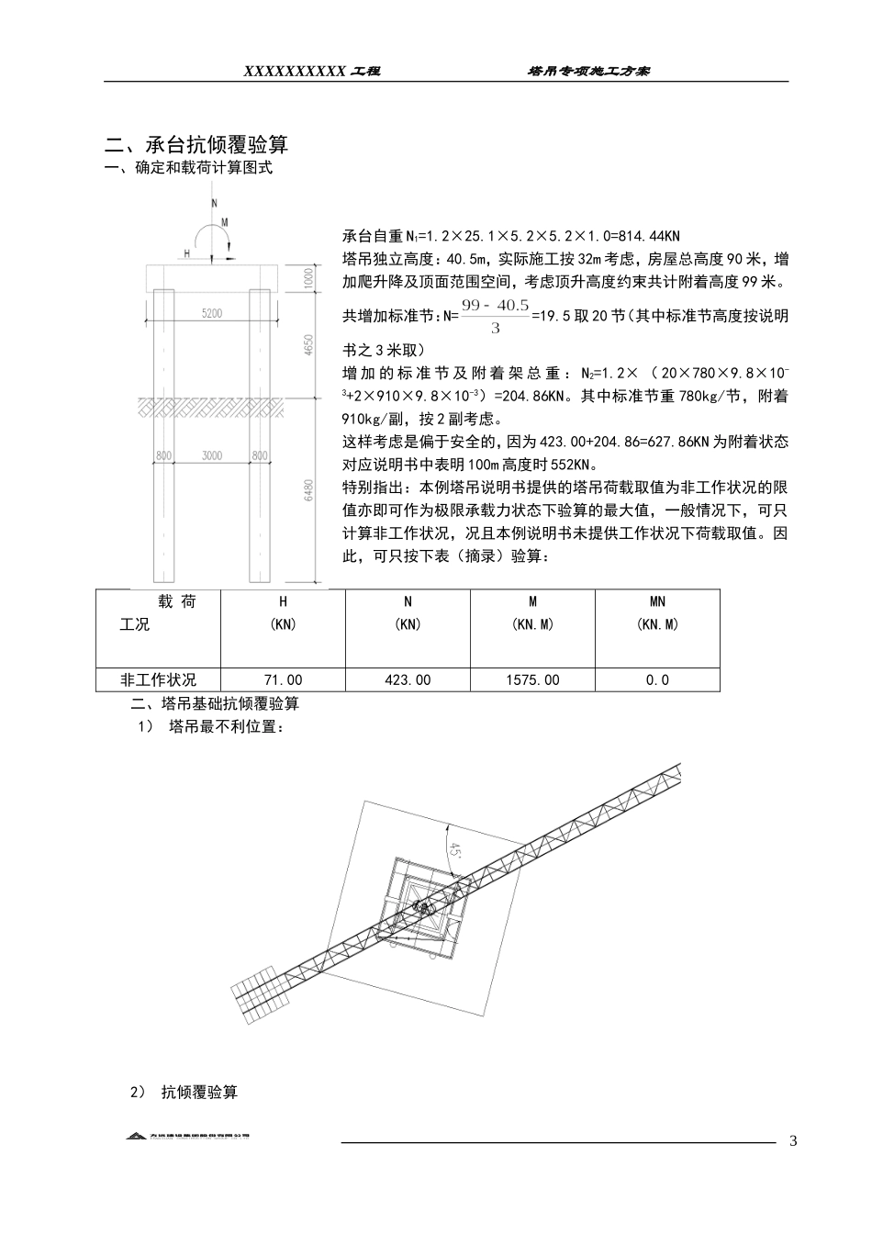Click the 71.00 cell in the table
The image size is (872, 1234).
point(283,680)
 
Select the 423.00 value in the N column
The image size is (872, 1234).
point(408,680)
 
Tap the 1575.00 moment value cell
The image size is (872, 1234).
point(532,680)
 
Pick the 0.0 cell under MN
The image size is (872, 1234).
point(657,680)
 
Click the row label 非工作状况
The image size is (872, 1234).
point(159,680)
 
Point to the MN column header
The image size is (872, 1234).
point(657,602)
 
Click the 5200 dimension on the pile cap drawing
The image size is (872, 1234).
point(212,313)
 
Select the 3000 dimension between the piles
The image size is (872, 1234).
point(212,455)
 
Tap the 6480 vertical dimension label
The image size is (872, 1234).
point(309,490)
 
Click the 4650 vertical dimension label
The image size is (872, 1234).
point(309,345)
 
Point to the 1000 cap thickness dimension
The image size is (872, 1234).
point(309,276)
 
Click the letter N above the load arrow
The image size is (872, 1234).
point(214,201)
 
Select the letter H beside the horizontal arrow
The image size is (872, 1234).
point(187,253)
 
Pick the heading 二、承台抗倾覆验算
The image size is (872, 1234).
point(196,145)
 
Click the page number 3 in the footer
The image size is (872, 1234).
point(793,1141)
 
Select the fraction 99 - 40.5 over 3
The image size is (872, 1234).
point(496,317)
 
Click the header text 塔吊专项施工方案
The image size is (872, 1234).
point(588,71)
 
